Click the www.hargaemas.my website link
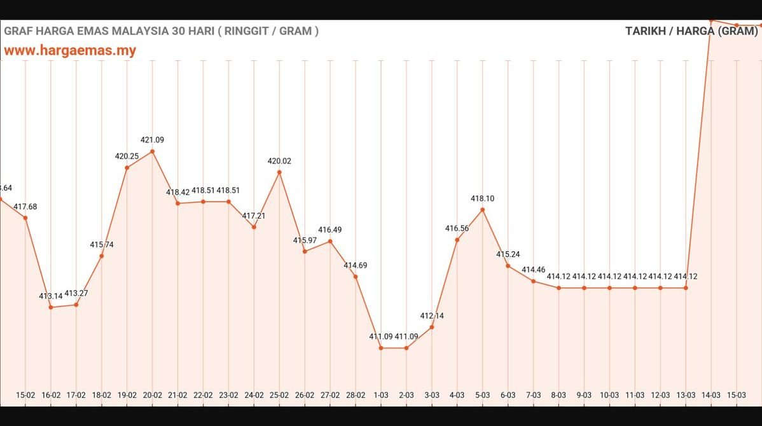[x=70, y=51]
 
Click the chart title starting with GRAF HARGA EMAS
[x=162, y=31]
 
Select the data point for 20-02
[x=153, y=151]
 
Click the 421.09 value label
[x=153, y=140]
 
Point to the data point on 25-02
[x=279, y=172]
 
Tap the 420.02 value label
[x=279, y=161]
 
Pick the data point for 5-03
[x=482, y=209]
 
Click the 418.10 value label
[x=482, y=198]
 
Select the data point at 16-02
[x=51, y=307]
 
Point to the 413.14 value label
[x=51, y=296]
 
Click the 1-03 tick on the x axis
[x=381, y=395]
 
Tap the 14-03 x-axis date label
[x=711, y=395]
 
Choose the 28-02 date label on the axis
[x=356, y=395]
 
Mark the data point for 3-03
[x=432, y=327]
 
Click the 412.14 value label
[x=432, y=316]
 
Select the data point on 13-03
[x=686, y=288]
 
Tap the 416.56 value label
[x=457, y=228]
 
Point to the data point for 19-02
[x=127, y=168]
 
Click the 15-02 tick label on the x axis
[x=25, y=395]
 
